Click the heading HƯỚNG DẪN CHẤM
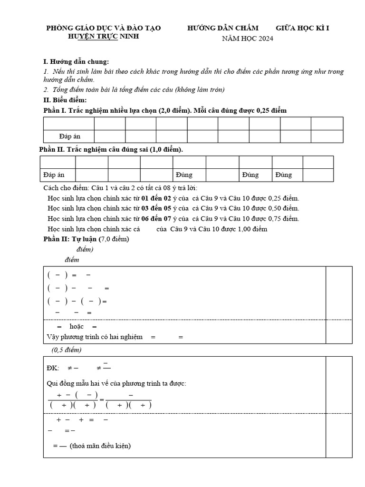223,28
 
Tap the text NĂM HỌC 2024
248,39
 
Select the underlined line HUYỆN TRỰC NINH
104,37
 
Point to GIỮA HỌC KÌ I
302,28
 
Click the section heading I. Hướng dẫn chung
76,62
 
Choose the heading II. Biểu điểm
65,100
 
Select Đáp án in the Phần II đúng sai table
54,175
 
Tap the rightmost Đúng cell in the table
283,175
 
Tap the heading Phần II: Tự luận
70,239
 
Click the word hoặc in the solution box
77,326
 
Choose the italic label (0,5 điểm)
66,350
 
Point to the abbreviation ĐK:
53,368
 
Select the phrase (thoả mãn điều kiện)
100,446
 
